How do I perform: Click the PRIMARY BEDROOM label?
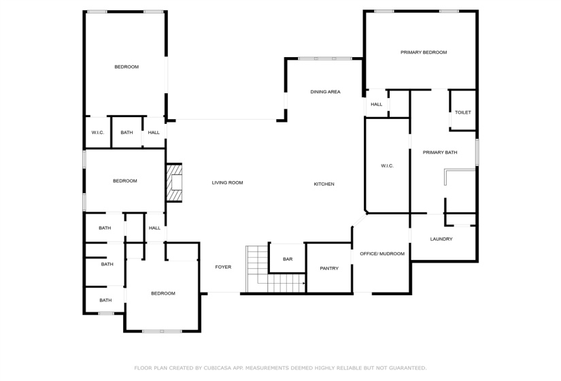coord(423,52)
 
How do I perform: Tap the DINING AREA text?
coord(325,92)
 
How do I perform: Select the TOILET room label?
coord(462,112)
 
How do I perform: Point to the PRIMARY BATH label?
coord(440,152)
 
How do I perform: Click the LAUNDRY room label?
coord(441,239)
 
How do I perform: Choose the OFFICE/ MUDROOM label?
coord(381,254)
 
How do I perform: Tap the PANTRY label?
coord(329,268)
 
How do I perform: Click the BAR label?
coord(288,259)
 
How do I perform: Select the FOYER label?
coord(223,267)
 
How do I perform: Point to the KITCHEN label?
coord(324,184)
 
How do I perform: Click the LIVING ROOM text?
coord(227,182)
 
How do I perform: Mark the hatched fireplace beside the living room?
coord(175,182)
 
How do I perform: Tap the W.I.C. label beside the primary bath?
coord(387,166)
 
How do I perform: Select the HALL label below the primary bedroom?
coord(376,104)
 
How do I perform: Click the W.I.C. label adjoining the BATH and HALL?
coord(97,132)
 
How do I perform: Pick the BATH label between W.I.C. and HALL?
coord(126,132)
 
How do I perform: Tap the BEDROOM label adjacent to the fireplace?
coord(124,181)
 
